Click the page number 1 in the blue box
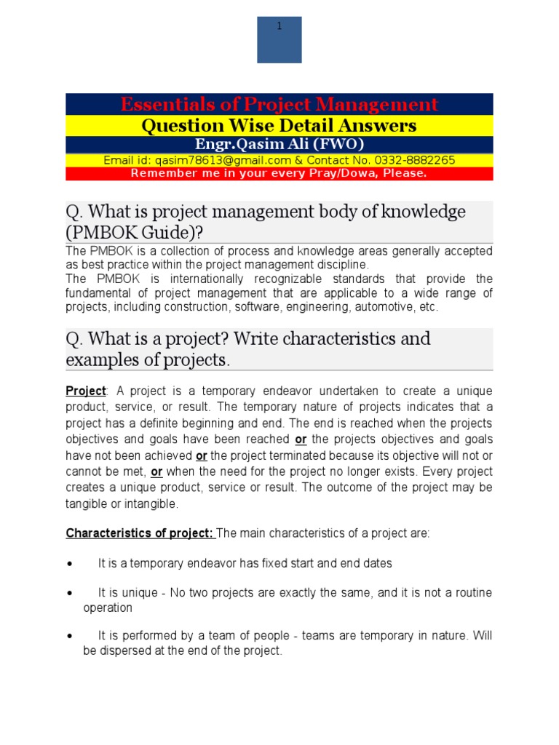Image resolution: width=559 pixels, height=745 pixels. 279,27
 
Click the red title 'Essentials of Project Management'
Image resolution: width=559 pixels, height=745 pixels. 279,104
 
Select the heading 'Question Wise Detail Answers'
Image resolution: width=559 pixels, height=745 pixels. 279,126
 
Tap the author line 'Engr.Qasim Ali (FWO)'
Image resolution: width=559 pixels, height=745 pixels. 279,144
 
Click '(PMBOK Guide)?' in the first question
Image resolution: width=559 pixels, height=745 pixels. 134,232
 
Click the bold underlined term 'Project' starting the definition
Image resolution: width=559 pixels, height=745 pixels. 85,391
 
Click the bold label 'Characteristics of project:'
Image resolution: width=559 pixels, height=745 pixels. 140,533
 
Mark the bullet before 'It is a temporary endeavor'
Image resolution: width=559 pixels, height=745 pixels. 69,564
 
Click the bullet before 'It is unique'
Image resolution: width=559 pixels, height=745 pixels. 69,594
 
